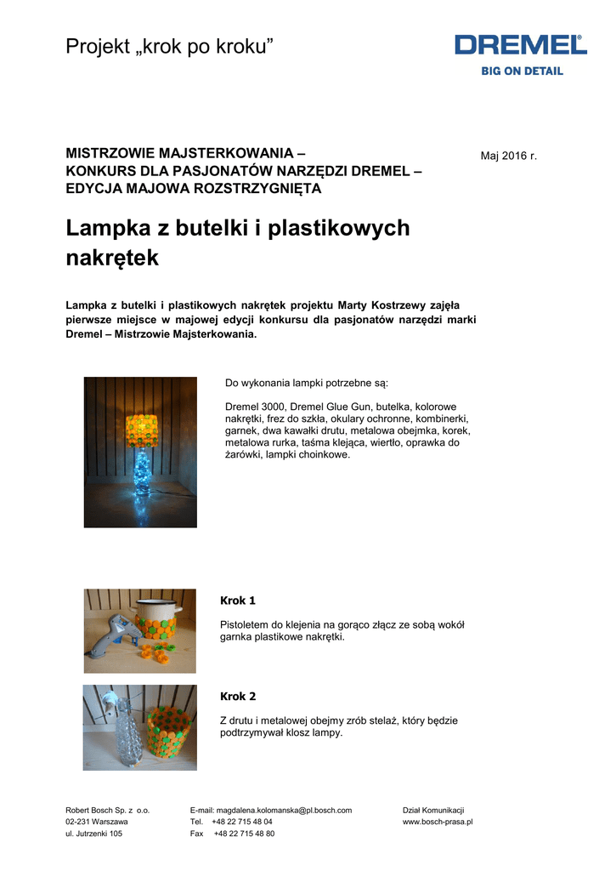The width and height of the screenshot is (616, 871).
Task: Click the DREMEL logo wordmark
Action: [x=520, y=46]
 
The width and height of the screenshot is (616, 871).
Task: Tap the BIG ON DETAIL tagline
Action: [x=522, y=71]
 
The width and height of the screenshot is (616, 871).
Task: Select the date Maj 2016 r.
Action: [x=509, y=156]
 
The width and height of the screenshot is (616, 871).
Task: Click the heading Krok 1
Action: [x=238, y=601]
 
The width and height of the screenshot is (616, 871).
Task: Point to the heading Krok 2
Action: [x=238, y=697]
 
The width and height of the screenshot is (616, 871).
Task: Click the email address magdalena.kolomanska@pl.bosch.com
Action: [x=284, y=811]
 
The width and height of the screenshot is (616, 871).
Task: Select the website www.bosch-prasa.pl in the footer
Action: [x=437, y=823]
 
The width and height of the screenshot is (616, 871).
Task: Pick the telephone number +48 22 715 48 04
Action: [x=242, y=823]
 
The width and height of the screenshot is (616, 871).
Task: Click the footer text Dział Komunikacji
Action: [x=432, y=811]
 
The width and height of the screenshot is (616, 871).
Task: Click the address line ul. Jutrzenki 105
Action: [x=93, y=834]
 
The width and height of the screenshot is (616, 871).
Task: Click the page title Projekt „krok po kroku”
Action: [x=170, y=48]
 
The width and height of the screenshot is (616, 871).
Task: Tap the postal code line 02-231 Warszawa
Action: [x=97, y=823]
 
